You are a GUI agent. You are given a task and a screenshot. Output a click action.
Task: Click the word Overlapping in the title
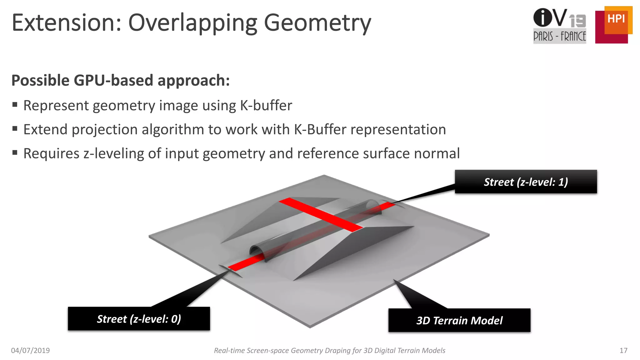coord(192,23)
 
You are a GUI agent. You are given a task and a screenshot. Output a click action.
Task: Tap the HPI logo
coord(613,25)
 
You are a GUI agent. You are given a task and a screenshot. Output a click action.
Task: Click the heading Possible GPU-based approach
coord(121,81)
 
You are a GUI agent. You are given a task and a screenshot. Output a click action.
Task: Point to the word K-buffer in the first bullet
coord(266,106)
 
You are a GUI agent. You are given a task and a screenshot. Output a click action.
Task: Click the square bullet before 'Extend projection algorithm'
coord(15,129)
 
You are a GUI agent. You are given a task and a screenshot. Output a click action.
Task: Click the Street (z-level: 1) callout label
coord(526,182)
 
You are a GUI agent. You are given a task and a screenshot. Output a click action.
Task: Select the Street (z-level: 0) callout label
coord(139,319)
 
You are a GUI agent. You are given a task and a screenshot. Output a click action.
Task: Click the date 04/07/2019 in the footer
coord(30,351)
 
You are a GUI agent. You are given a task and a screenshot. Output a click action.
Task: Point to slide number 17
coord(623,351)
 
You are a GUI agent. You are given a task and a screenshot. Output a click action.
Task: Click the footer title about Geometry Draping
coord(329,351)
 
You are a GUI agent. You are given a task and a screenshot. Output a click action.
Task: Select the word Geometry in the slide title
coord(317,23)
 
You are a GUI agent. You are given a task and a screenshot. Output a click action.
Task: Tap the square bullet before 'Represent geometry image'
coord(15,105)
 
